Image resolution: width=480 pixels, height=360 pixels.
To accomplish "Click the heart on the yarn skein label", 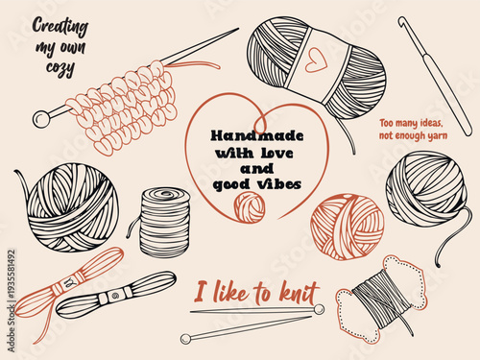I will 312,58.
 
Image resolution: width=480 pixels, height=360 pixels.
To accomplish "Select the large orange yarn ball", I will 347,227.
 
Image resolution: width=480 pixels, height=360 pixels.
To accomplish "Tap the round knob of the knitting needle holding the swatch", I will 40,118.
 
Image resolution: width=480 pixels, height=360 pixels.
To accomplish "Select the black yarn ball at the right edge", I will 426,189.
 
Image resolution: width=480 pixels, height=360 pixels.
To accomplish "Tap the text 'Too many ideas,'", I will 416,124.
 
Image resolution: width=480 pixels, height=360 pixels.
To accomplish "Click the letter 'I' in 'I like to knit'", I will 200,291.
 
